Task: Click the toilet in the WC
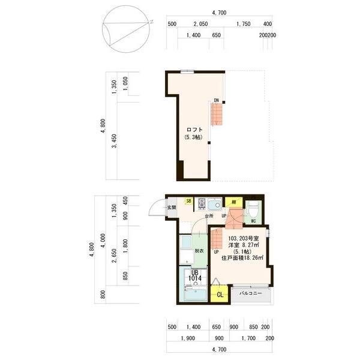[x=253, y=210]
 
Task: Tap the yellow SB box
[x=188, y=201]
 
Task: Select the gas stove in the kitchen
[x=202, y=203]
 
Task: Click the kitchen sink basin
[x=214, y=205]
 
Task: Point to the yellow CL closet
[x=220, y=294]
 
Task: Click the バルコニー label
[x=250, y=293]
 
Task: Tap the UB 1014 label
[x=195, y=276]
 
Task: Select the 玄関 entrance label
[x=171, y=208]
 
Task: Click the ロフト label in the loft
[x=194, y=130]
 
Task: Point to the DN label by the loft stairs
[x=216, y=100]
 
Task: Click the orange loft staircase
[x=217, y=114]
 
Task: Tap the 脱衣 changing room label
[x=199, y=251]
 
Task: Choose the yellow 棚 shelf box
[x=234, y=202]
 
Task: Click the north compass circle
[x=126, y=29]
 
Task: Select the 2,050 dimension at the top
[x=200, y=24]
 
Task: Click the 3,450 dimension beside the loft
[x=114, y=141]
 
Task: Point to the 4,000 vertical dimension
[x=103, y=241]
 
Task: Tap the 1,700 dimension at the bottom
[x=248, y=338]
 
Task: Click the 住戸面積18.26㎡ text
[x=242, y=258]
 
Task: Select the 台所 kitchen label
[x=209, y=216]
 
